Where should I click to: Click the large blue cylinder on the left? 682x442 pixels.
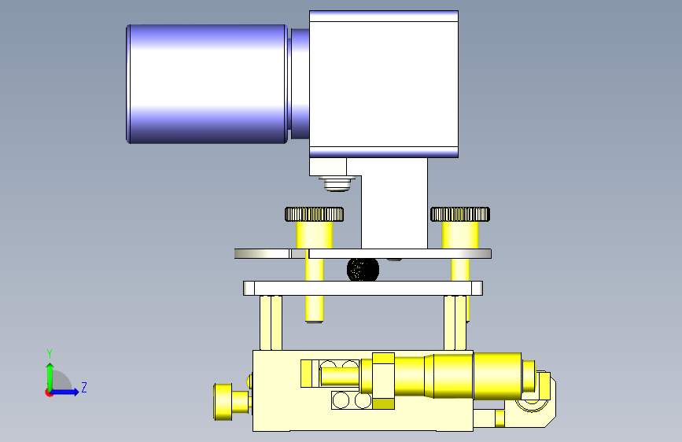[x=207, y=84]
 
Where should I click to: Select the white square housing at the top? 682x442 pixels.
[x=384, y=84]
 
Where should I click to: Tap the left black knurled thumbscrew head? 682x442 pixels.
[x=314, y=214]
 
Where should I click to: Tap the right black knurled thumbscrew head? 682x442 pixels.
[x=460, y=214]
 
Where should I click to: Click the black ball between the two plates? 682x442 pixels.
[x=363, y=270]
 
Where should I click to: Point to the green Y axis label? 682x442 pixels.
[x=50, y=353]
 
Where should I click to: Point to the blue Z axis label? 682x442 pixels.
[x=84, y=387]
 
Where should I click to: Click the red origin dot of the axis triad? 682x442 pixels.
[x=49, y=392]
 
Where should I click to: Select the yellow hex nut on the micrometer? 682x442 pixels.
[x=383, y=381]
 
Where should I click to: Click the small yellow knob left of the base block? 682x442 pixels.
[x=223, y=402]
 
